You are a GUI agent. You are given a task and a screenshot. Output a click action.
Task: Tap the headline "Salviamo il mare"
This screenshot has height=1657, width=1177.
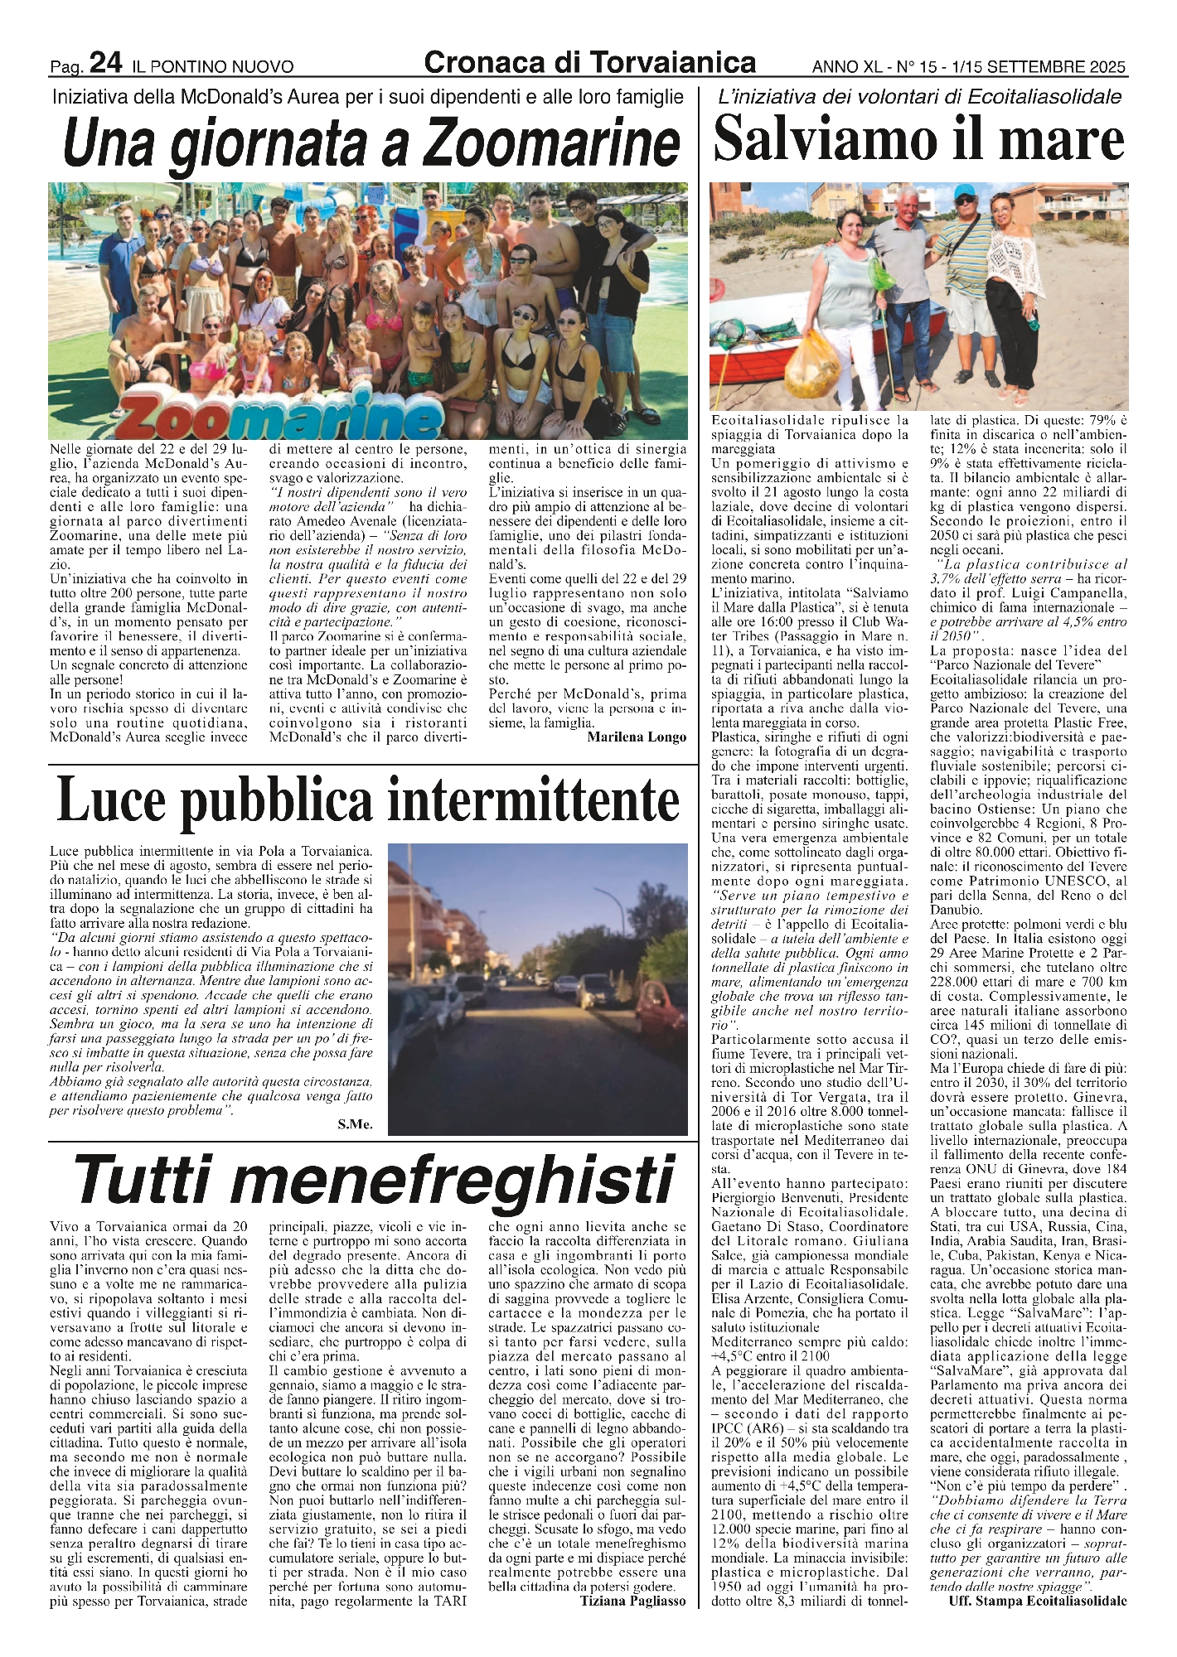tap(918, 141)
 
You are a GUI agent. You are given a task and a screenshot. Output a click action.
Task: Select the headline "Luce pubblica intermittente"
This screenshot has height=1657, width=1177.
tap(368, 800)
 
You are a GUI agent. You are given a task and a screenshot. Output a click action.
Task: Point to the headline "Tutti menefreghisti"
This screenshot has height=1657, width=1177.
tap(373, 1180)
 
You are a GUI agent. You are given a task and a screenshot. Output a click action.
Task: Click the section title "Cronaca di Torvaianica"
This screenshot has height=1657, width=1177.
tap(589, 61)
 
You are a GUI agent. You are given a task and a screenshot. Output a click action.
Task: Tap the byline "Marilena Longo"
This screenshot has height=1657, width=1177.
tap(636, 737)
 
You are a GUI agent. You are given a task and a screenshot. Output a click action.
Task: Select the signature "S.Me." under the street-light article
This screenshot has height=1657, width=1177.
tap(355, 1124)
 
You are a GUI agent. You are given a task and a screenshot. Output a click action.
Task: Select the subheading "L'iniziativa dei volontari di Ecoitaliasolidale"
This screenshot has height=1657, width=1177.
tap(920, 97)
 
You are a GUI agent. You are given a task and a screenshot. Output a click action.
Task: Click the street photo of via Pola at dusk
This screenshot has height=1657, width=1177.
tap(537, 988)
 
